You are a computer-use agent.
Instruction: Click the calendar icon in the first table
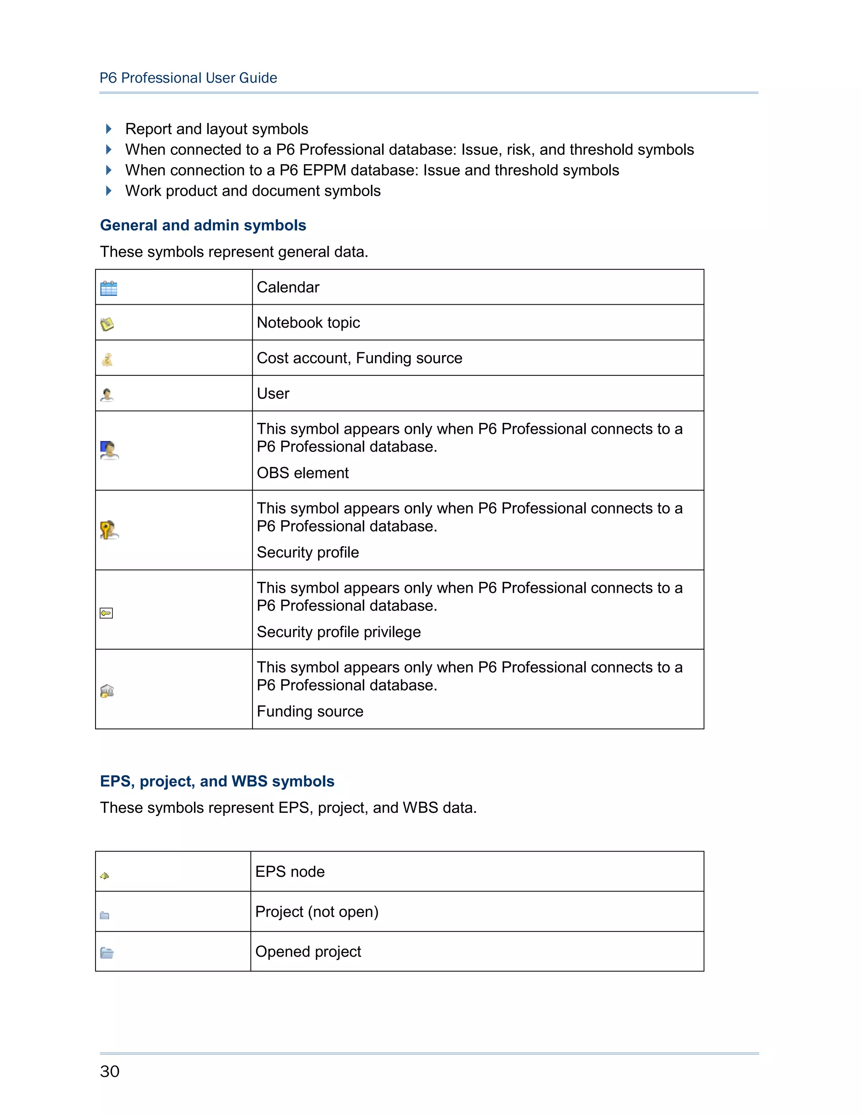coord(109,289)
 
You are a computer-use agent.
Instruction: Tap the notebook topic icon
coord(107,324)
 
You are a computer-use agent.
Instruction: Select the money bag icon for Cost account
coord(107,359)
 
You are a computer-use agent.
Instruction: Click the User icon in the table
coord(107,395)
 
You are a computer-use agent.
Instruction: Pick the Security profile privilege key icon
coord(106,613)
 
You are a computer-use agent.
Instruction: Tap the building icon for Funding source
coord(107,691)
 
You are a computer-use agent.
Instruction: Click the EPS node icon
coord(105,876)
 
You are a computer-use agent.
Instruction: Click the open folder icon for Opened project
coord(107,953)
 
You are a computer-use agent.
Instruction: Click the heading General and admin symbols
coord(203,225)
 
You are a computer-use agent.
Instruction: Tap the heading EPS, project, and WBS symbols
coord(217,781)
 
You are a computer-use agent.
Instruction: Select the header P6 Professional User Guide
coord(189,77)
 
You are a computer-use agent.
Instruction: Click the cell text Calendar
coord(288,287)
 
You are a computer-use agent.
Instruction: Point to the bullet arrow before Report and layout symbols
coord(108,129)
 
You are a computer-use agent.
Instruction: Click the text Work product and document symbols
coord(253,191)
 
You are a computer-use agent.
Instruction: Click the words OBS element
coord(302,473)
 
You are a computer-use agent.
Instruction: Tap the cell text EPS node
coord(290,871)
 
